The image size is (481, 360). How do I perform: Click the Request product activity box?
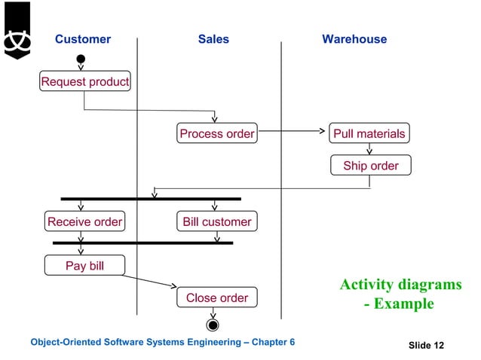84,81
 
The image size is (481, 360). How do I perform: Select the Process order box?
216,134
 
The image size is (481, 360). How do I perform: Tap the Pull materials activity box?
369,134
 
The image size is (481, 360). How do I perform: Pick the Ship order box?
370,165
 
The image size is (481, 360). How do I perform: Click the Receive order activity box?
84,221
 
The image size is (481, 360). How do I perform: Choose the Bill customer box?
216,221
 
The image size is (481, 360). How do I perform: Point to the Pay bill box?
84,266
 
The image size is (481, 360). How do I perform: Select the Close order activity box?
216,297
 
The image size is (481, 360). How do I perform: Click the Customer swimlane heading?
83,39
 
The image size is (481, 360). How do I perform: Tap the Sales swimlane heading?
213,39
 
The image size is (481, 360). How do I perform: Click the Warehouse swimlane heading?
354,39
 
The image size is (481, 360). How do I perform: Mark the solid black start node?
81,59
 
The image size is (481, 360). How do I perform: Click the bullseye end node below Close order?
213,325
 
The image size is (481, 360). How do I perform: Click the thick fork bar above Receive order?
151,199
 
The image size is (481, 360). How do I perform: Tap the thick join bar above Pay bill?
142,243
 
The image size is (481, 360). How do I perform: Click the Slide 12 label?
426,345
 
